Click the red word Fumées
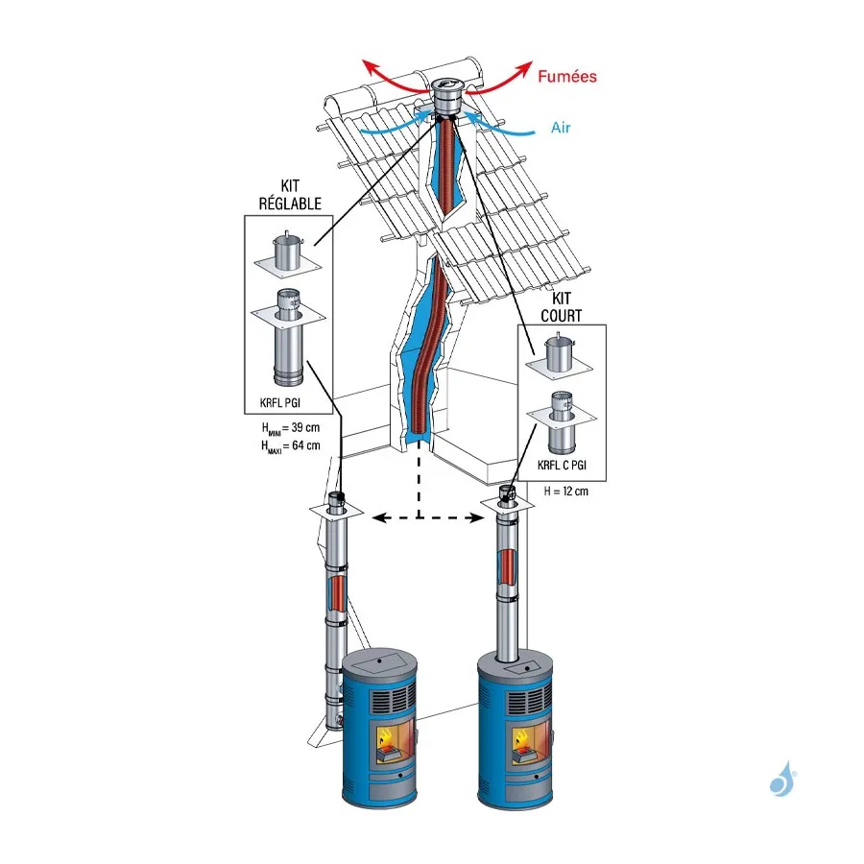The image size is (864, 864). tap(568, 76)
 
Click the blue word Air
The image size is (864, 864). tap(562, 127)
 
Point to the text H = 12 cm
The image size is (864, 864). tap(565, 492)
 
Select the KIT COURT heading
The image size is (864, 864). tap(566, 307)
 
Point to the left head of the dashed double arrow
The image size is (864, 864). tap(378, 518)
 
